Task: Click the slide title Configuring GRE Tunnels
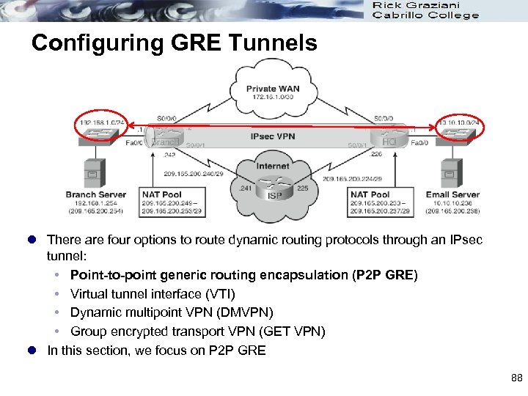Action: [175, 43]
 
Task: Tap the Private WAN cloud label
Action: [272, 89]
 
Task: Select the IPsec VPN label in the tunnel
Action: [274, 136]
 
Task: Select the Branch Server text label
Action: [95, 195]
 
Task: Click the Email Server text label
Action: [452, 195]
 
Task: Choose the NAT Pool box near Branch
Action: [172, 202]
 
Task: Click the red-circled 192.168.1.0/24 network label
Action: [98, 122]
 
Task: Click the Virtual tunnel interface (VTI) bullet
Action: [153, 294]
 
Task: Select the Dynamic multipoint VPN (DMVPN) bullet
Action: [172, 313]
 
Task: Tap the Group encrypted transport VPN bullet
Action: [197, 332]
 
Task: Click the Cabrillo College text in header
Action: [425, 16]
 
